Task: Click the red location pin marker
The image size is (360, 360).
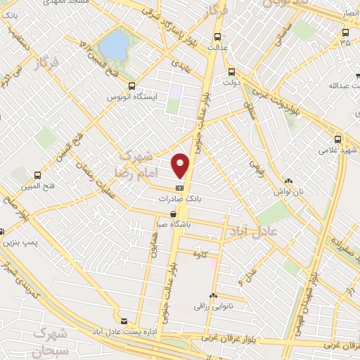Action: tap(181, 165)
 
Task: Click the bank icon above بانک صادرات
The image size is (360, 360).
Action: tap(180, 188)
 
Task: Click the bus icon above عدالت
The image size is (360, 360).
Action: tap(217, 37)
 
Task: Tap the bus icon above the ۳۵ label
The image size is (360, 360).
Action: tap(345, 32)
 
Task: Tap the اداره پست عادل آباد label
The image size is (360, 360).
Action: tap(124, 329)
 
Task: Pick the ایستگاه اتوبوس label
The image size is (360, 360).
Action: tap(131, 96)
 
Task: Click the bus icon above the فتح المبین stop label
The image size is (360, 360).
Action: tap(37, 175)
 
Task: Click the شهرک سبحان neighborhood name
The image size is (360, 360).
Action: tap(49, 340)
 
